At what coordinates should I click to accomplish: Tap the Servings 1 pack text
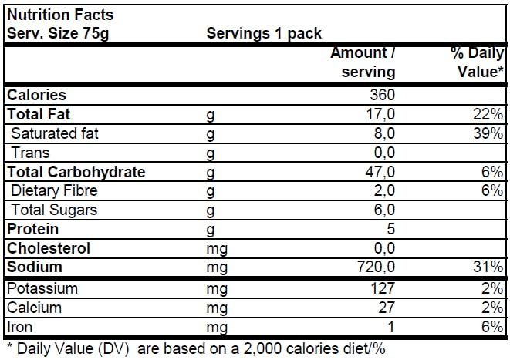(264, 33)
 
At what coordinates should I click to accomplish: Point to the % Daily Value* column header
(477, 62)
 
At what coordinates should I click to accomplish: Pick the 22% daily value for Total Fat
(489, 115)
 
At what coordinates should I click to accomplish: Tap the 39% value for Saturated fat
(489, 134)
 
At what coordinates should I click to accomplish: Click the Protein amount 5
(390, 230)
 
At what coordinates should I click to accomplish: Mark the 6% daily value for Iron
(492, 328)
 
